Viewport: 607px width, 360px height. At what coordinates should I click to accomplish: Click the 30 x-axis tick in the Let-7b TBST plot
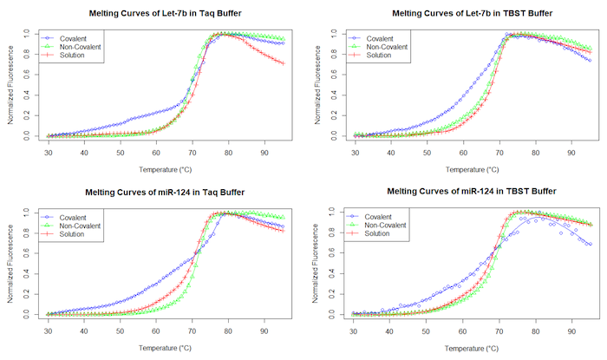pos(355,153)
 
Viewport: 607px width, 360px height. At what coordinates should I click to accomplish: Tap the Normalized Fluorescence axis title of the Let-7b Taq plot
pos(10,84)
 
